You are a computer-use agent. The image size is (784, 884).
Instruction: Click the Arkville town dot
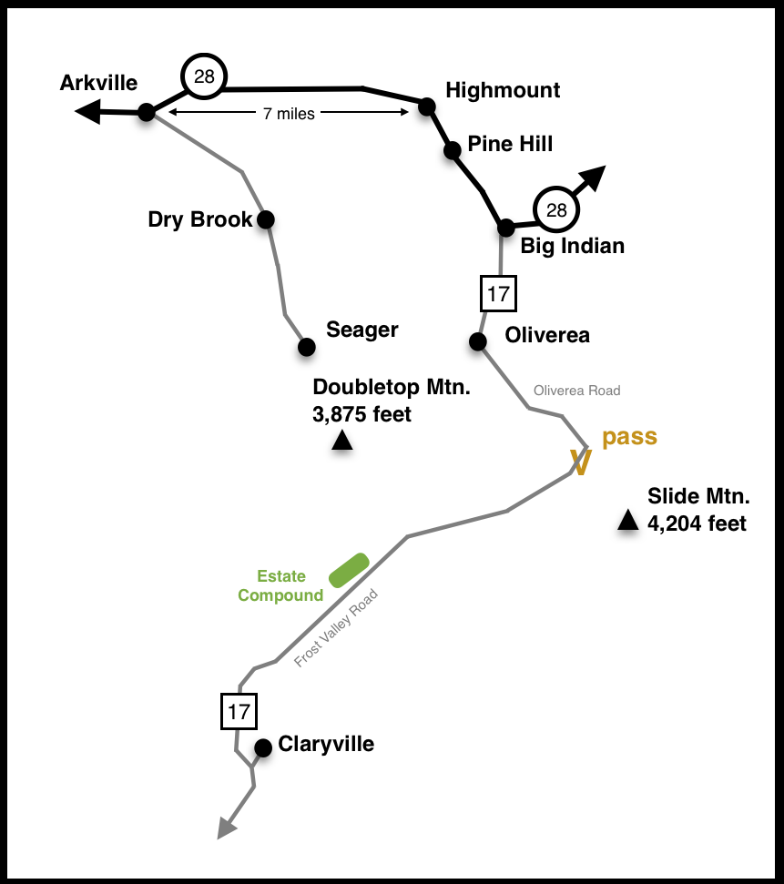tap(146, 112)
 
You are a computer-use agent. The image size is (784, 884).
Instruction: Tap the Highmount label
tap(503, 90)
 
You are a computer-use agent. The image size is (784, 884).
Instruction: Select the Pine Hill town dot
tap(452, 150)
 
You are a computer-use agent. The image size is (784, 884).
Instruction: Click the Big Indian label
tap(572, 246)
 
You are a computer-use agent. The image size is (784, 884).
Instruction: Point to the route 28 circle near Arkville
tap(204, 76)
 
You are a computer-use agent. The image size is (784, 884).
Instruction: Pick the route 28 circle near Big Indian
tap(555, 210)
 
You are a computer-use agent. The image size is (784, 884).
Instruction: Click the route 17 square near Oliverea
tap(498, 294)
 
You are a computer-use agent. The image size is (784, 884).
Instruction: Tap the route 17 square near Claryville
tap(239, 712)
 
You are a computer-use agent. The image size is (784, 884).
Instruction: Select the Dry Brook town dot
tap(265, 219)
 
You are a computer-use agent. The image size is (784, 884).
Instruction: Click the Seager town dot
tap(307, 347)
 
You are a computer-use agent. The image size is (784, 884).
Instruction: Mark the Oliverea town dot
tap(477, 341)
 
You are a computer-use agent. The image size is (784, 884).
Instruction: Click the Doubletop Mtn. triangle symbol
tap(342, 442)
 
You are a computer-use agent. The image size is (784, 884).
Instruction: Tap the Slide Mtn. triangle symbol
tap(627, 520)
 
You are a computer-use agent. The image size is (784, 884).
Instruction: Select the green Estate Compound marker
tap(349, 570)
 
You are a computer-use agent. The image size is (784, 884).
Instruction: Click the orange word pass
tap(629, 437)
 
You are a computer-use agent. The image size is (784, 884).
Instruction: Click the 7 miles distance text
tap(288, 114)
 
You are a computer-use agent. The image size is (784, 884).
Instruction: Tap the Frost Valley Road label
tap(335, 629)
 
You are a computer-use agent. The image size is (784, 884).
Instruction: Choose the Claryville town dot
tap(263, 748)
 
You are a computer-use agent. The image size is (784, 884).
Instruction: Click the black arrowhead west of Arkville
tap(88, 112)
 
